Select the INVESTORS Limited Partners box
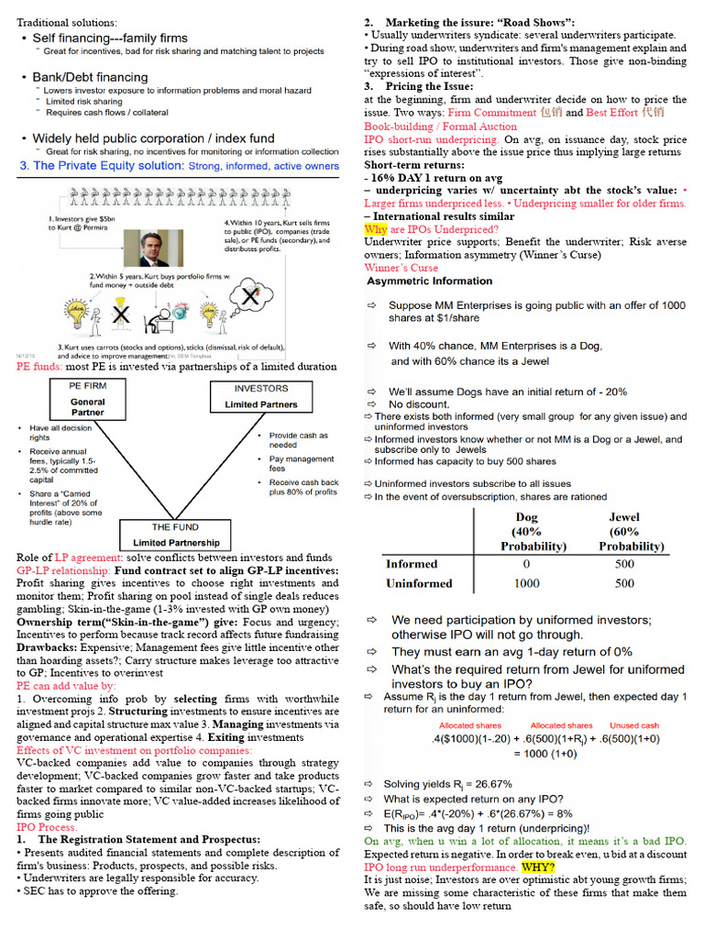[x=261, y=396]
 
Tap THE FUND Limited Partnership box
[x=175, y=535]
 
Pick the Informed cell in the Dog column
[x=526, y=564]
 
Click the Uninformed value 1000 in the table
[x=526, y=583]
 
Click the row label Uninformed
[x=419, y=583]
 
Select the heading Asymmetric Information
[x=429, y=282]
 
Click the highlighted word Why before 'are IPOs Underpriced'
[x=376, y=229]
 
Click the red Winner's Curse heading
[x=401, y=268]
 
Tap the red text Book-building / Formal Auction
[x=440, y=127]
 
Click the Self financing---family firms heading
[x=110, y=39]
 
